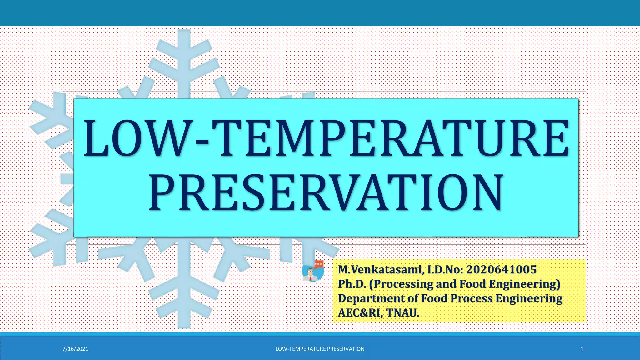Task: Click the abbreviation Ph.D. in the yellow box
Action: tap(352, 284)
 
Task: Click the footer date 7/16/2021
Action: tap(75, 349)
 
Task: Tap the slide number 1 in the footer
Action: tap(582, 349)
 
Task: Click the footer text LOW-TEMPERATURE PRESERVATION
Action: tap(320, 349)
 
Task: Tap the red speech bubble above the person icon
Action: tap(319, 264)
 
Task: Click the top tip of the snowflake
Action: tap(184, 32)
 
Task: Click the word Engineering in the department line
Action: tap(529, 299)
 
